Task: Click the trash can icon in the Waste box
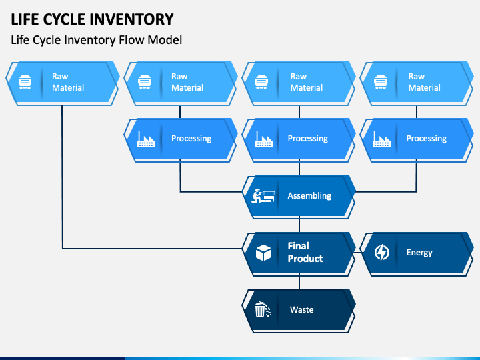pos(263,309)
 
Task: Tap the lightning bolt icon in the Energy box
pos(382,252)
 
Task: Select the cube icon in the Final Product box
pos(263,253)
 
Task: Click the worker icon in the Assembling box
pos(263,195)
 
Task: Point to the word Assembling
pos(309,195)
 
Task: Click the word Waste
pos(302,309)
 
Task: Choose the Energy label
pos(419,253)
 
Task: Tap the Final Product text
pos(305,252)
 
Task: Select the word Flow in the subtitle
pos(132,40)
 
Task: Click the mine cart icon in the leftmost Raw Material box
pos(25,82)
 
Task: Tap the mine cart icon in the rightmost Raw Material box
pos(381,82)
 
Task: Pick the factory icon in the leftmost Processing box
pos(146,139)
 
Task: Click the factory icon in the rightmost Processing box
pos(381,139)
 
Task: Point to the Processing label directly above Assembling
pos(307,139)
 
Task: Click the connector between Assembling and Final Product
pos(299,225)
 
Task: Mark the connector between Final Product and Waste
pos(299,282)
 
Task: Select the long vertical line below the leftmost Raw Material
pos(62,177)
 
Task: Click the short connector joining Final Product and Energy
pos(357,253)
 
